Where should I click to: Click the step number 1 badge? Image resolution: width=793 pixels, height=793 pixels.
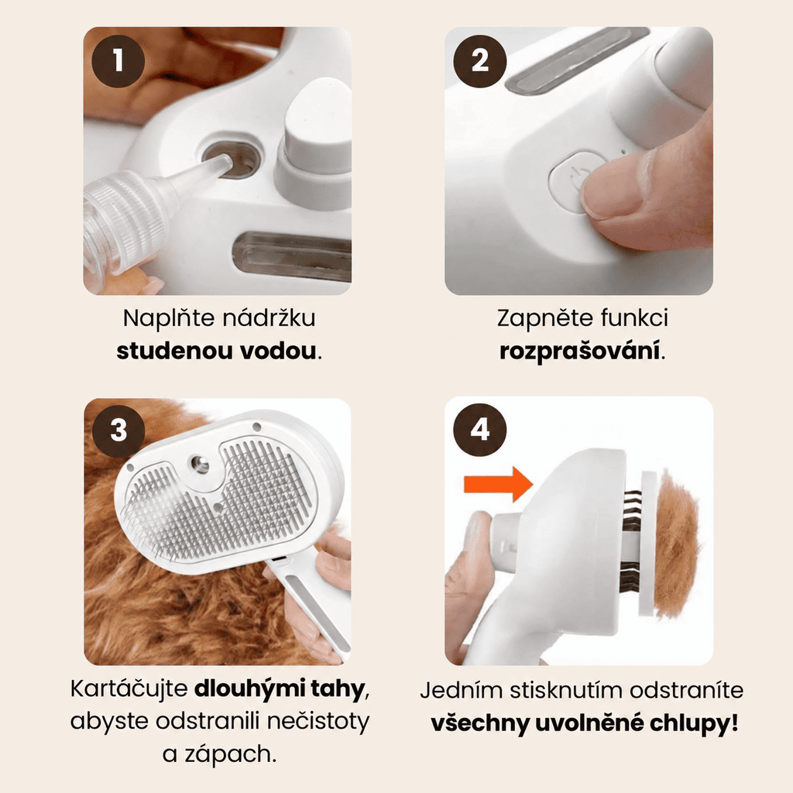click(x=118, y=61)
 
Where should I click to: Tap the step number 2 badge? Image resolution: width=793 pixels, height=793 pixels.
click(x=480, y=61)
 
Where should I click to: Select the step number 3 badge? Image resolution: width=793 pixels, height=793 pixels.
click(x=118, y=431)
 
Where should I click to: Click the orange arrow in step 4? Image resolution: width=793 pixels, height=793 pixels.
click(x=498, y=484)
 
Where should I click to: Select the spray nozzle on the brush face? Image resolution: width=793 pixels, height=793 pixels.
click(x=199, y=463)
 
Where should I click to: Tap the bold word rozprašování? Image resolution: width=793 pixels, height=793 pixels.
click(x=579, y=351)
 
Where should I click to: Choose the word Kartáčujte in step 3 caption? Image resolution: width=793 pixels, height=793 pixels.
click(x=129, y=688)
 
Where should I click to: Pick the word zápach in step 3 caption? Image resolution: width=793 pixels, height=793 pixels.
click(x=227, y=754)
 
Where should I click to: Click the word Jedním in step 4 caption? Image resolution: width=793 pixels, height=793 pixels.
click(x=462, y=690)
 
